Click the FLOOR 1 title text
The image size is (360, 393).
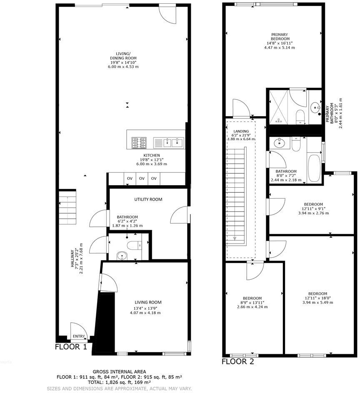point(71,346)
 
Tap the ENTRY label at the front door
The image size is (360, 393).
point(79,336)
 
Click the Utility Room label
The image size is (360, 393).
point(148,199)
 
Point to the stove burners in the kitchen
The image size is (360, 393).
point(139,143)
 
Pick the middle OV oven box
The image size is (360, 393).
point(142,179)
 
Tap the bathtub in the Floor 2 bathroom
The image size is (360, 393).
point(314,167)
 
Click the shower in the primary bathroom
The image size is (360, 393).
point(278,106)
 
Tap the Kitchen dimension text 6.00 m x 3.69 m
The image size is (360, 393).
point(149,164)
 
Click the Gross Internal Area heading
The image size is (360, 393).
point(119,371)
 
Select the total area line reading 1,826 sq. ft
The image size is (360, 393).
point(119,382)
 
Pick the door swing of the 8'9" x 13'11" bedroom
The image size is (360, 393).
point(252,272)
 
